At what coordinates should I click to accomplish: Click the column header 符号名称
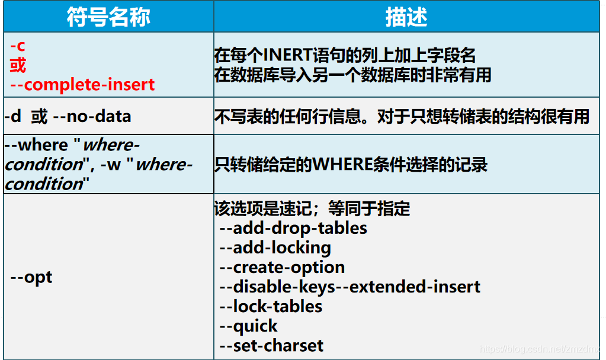point(108,17)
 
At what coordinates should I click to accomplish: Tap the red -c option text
point(18,45)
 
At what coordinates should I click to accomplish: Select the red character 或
point(18,65)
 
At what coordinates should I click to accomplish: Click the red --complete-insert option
point(82,84)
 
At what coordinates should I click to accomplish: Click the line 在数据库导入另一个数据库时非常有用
point(352,75)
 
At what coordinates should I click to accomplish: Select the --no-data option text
point(92,116)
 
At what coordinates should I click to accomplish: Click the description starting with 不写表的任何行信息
point(402,117)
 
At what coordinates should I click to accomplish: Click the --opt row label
point(31,277)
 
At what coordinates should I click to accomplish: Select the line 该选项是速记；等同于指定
point(312,209)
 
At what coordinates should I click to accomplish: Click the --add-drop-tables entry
point(293,228)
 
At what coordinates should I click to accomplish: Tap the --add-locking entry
point(275,247)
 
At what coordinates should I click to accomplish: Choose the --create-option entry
point(282,267)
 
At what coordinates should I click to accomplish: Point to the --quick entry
point(249,326)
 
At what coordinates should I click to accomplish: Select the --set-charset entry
point(272,345)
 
